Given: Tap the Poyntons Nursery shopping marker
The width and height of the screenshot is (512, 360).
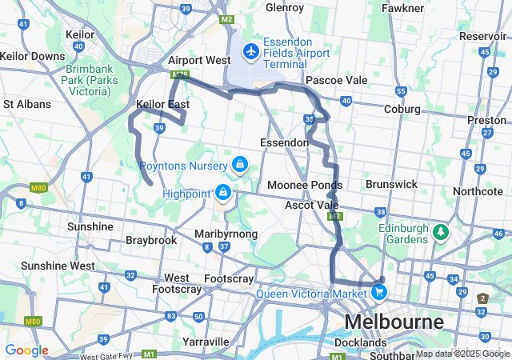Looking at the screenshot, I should coord(238,165).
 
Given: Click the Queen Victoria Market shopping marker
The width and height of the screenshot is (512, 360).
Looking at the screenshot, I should coord(380,292).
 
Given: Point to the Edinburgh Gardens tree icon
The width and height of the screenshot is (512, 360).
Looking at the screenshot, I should coord(440,233).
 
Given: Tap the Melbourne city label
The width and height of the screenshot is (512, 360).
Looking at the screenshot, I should coord(394,322).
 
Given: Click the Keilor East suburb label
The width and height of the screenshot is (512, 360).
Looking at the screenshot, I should coord(162,104).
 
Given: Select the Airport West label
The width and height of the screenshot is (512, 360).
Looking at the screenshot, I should coord(199,60).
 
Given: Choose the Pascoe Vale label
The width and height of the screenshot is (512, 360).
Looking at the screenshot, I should coord(337,80).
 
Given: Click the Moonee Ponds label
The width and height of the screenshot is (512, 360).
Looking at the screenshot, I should coord(303,185).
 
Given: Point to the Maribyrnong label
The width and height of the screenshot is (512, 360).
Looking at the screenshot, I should coord(226,234).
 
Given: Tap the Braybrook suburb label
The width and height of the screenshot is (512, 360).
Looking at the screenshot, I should coord(150,239).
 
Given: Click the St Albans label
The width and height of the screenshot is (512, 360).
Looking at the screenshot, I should coord(28,104).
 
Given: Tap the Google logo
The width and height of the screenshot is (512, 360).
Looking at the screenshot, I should coord(26,350).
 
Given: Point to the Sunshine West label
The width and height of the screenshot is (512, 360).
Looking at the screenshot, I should coord(58,265).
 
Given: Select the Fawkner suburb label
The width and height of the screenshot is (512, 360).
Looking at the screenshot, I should coord(402,8).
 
